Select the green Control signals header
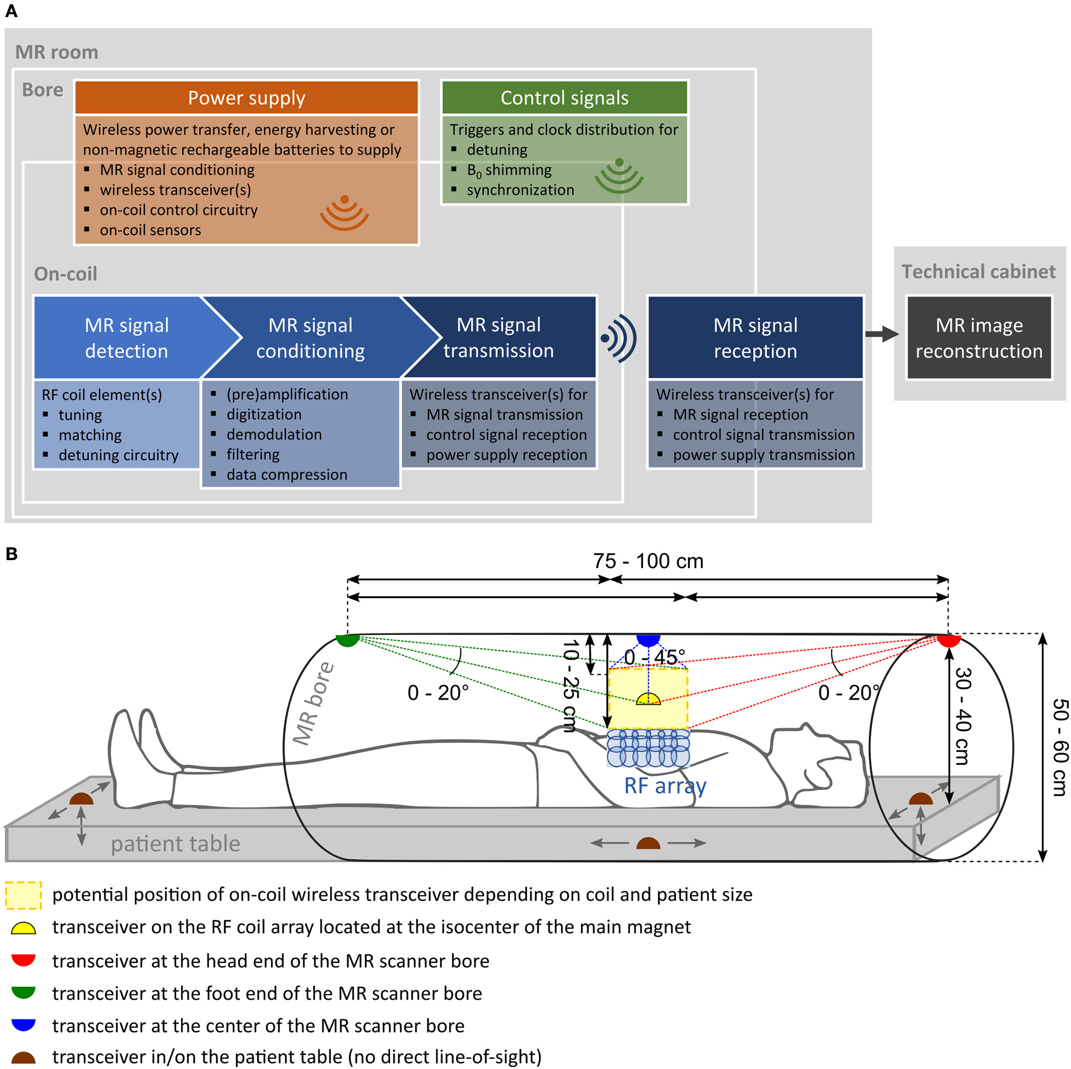click(x=564, y=98)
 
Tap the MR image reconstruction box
click(x=978, y=338)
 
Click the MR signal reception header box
click(x=755, y=338)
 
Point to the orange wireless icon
click(x=344, y=213)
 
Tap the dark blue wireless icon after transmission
click(x=619, y=338)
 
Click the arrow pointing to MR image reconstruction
click(x=882, y=334)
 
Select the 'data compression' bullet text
click(x=286, y=475)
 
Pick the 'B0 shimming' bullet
click(x=509, y=170)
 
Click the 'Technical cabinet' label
click(x=978, y=271)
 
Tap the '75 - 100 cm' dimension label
click(x=648, y=561)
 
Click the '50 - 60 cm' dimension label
click(x=1059, y=747)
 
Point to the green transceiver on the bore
click(x=348, y=641)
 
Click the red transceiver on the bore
click(x=948, y=641)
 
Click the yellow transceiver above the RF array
click(x=648, y=699)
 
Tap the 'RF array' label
click(x=665, y=786)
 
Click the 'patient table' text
click(x=175, y=844)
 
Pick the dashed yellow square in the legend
click(x=24, y=896)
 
